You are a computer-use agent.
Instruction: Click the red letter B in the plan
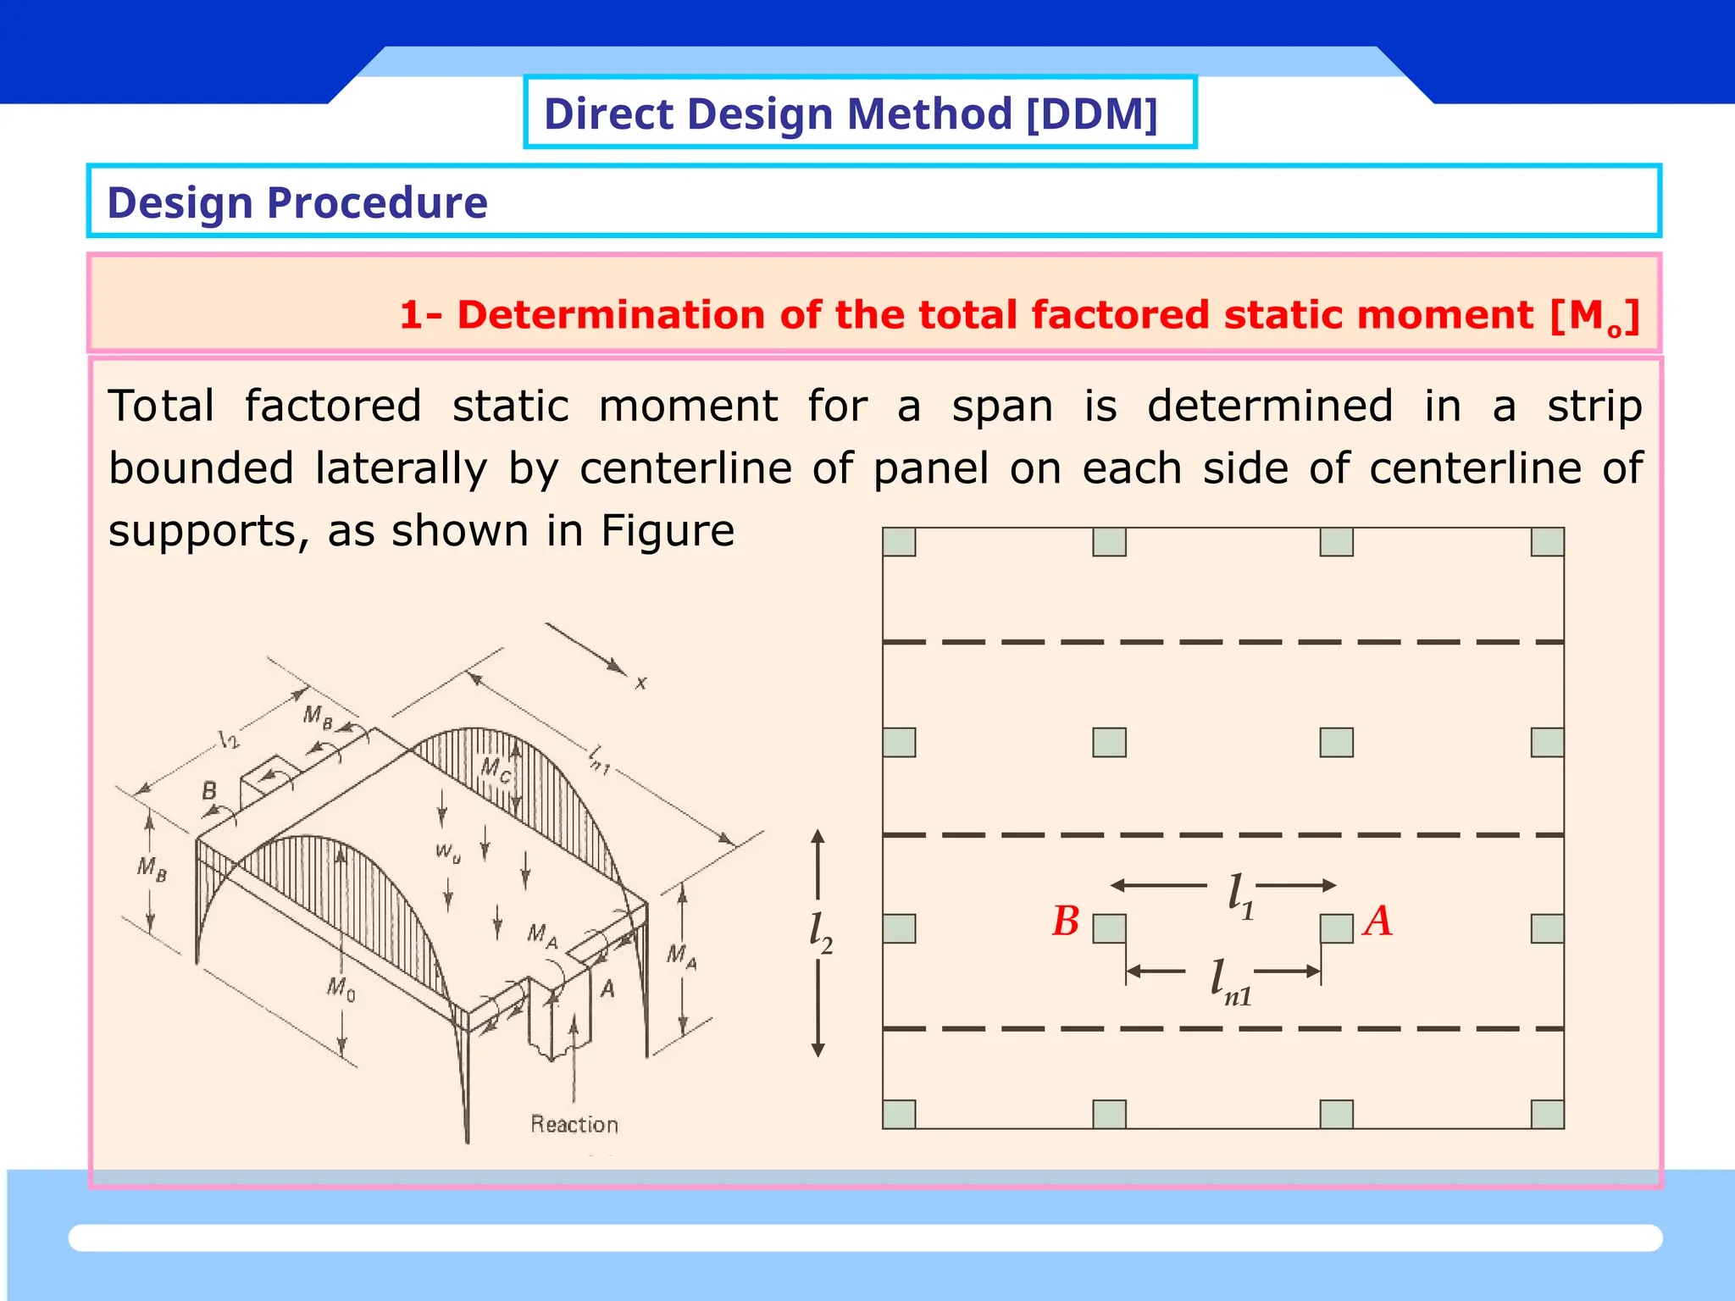(1066, 922)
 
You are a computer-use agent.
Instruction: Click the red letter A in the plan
(1378, 922)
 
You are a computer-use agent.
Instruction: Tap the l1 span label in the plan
(1240, 896)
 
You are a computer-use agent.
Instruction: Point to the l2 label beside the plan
(820, 934)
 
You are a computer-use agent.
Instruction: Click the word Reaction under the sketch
(574, 1125)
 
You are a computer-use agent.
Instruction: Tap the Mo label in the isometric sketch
(341, 988)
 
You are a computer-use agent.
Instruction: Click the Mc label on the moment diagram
(496, 770)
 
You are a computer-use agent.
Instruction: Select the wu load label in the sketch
(448, 851)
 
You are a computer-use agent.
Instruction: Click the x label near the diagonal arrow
(641, 683)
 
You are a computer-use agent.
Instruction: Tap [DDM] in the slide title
(1091, 114)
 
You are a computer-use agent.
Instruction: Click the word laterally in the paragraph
(401, 468)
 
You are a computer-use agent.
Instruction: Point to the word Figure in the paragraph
(668, 532)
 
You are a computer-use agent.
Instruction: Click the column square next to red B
(1109, 929)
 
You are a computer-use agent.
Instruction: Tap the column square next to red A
(1336, 929)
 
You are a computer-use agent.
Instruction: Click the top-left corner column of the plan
(899, 542)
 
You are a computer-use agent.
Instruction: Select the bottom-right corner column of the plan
(1548, 1114)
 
